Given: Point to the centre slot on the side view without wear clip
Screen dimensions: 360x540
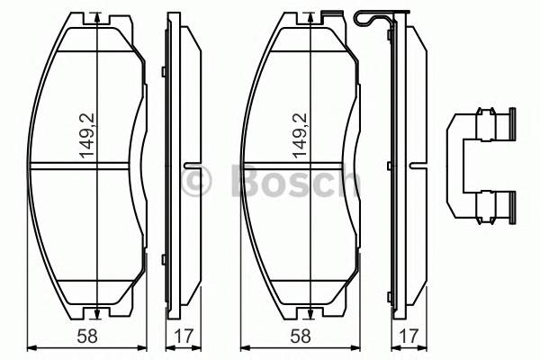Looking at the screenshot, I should pos(192,165).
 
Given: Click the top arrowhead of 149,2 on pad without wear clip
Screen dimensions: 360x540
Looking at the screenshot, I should pos(95,19).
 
